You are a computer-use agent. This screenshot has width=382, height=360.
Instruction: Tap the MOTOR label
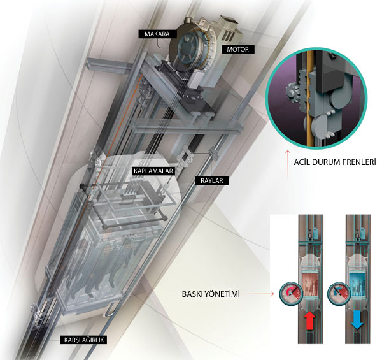click(237, 49)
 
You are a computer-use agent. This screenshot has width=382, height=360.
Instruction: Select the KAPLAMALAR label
click(153, 171)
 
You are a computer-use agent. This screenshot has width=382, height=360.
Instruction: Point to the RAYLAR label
click(212, 181)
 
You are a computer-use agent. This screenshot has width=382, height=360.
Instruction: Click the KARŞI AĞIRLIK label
click(84, 340)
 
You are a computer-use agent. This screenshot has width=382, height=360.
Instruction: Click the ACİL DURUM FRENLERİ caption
click(335, 162)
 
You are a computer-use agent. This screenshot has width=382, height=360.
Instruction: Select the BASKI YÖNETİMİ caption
click(211, 294)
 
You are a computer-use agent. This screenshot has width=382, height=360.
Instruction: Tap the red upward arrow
click(310, 320)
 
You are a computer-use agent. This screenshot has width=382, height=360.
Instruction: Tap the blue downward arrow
click(357, 320)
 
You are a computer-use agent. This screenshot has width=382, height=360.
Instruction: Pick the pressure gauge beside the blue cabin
click(339, 294)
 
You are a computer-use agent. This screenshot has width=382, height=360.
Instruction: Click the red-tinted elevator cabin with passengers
click(310, 285)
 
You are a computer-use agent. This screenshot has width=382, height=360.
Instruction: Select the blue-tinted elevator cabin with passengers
click(357, 285)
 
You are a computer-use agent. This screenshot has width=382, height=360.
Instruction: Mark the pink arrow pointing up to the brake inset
click(288, 166)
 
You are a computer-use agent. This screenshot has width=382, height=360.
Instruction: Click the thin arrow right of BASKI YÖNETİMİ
click(259, 294)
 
